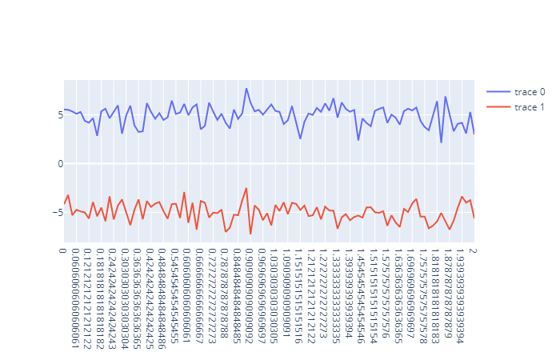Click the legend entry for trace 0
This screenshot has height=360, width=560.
(530, 92)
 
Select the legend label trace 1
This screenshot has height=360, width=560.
(530, 107)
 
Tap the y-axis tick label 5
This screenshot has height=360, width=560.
(58, 115)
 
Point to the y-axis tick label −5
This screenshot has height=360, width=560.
(56, 212)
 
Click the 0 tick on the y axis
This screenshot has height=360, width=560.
(58, 163)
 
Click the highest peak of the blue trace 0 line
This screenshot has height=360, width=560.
(246, 88)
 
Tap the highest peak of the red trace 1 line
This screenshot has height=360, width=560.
(246, 188)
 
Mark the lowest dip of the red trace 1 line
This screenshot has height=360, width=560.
(250, 234)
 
